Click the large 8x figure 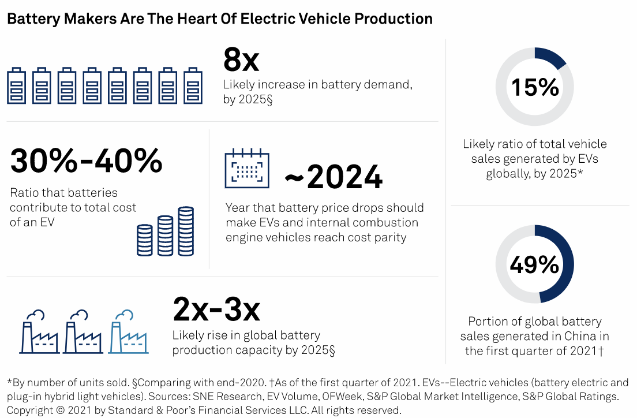241,59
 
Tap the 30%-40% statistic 87,161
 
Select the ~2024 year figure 334,177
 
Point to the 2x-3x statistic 216,309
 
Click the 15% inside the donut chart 535,87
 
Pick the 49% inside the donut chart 535,264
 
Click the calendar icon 247,169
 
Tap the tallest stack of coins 186,231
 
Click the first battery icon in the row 16,86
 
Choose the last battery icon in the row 193,86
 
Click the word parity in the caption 390,237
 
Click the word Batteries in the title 27,19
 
